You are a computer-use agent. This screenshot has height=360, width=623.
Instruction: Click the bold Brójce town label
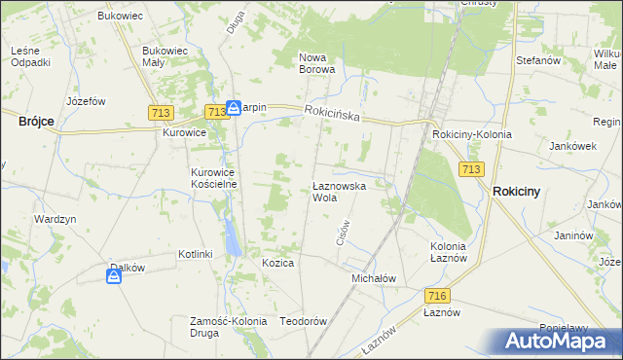pyautogui.click(x=36, y=122)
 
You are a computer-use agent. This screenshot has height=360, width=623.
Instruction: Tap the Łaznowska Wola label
pyautogui.click(x=338, y=191)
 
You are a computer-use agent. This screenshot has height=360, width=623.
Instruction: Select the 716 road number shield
pyautogui.click(x=436, y=295)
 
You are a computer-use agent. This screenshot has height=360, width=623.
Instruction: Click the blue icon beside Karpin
pyautogui.click(x=234, y=108)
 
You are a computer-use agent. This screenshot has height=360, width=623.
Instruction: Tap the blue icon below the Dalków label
pyautogui.click(x=114, y=277)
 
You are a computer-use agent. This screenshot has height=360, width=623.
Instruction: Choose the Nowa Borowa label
pyautogui.click(x=317, y=63)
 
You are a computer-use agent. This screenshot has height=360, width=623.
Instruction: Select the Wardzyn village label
pyautogui.click(x=55, y=219)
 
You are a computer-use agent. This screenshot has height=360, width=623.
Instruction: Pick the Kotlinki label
pyautogui.click(x=195, y=254)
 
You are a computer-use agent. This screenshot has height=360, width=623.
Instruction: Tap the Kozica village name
pyautogui.click(x=277, y=263)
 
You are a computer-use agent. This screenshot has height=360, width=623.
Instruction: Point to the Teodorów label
pyautogui.click(x=302, y=321)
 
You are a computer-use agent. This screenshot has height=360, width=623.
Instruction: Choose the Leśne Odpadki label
pyautogui.click(x=30, y=56)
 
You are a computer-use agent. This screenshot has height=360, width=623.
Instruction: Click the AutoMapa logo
pyautogui.click(x=559, y=342)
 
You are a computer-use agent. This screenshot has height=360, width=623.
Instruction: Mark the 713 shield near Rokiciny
pyautogui.click(x=471, y=169)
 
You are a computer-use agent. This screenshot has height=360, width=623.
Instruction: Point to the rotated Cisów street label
pyautogui.click(x=343, y=231)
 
